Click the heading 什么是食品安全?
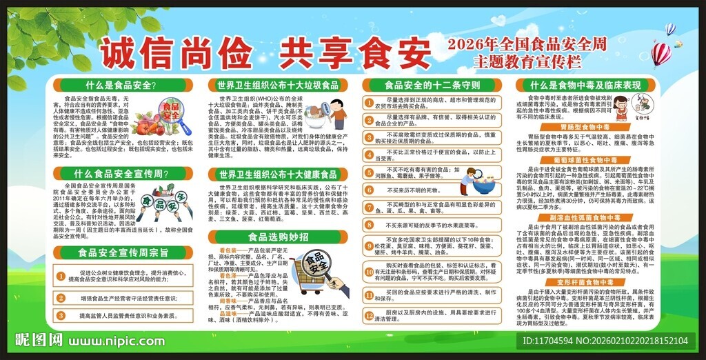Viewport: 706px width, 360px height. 121,86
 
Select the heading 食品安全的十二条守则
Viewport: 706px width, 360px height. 432,86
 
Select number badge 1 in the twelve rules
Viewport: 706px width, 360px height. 370,101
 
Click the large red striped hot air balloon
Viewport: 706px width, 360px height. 660,53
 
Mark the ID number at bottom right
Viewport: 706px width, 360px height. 605,341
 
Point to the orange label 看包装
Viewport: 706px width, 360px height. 228,249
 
